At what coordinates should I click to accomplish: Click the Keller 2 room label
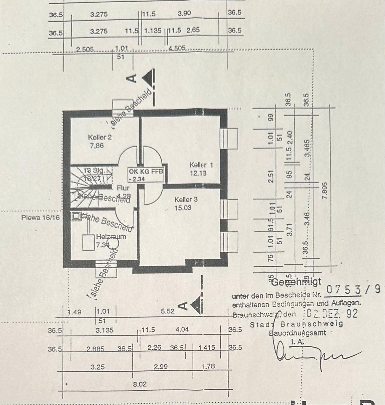click(100, 138)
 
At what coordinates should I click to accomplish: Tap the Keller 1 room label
click(201, 165)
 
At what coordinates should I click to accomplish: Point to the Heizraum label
click(111, 237)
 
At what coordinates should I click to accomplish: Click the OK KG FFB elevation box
click(146, 174)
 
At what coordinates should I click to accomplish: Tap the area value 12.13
click(198, 173)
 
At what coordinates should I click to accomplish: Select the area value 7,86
click(96, 146)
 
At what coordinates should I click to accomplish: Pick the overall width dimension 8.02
click(141, 385)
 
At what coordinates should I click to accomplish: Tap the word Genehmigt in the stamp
click(297, 282)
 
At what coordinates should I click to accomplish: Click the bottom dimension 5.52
click(167, 312)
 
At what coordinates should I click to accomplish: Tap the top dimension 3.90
click(184, 13)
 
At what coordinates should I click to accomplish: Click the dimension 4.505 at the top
click(177, 49)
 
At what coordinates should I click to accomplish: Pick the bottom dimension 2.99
click(161, 367)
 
